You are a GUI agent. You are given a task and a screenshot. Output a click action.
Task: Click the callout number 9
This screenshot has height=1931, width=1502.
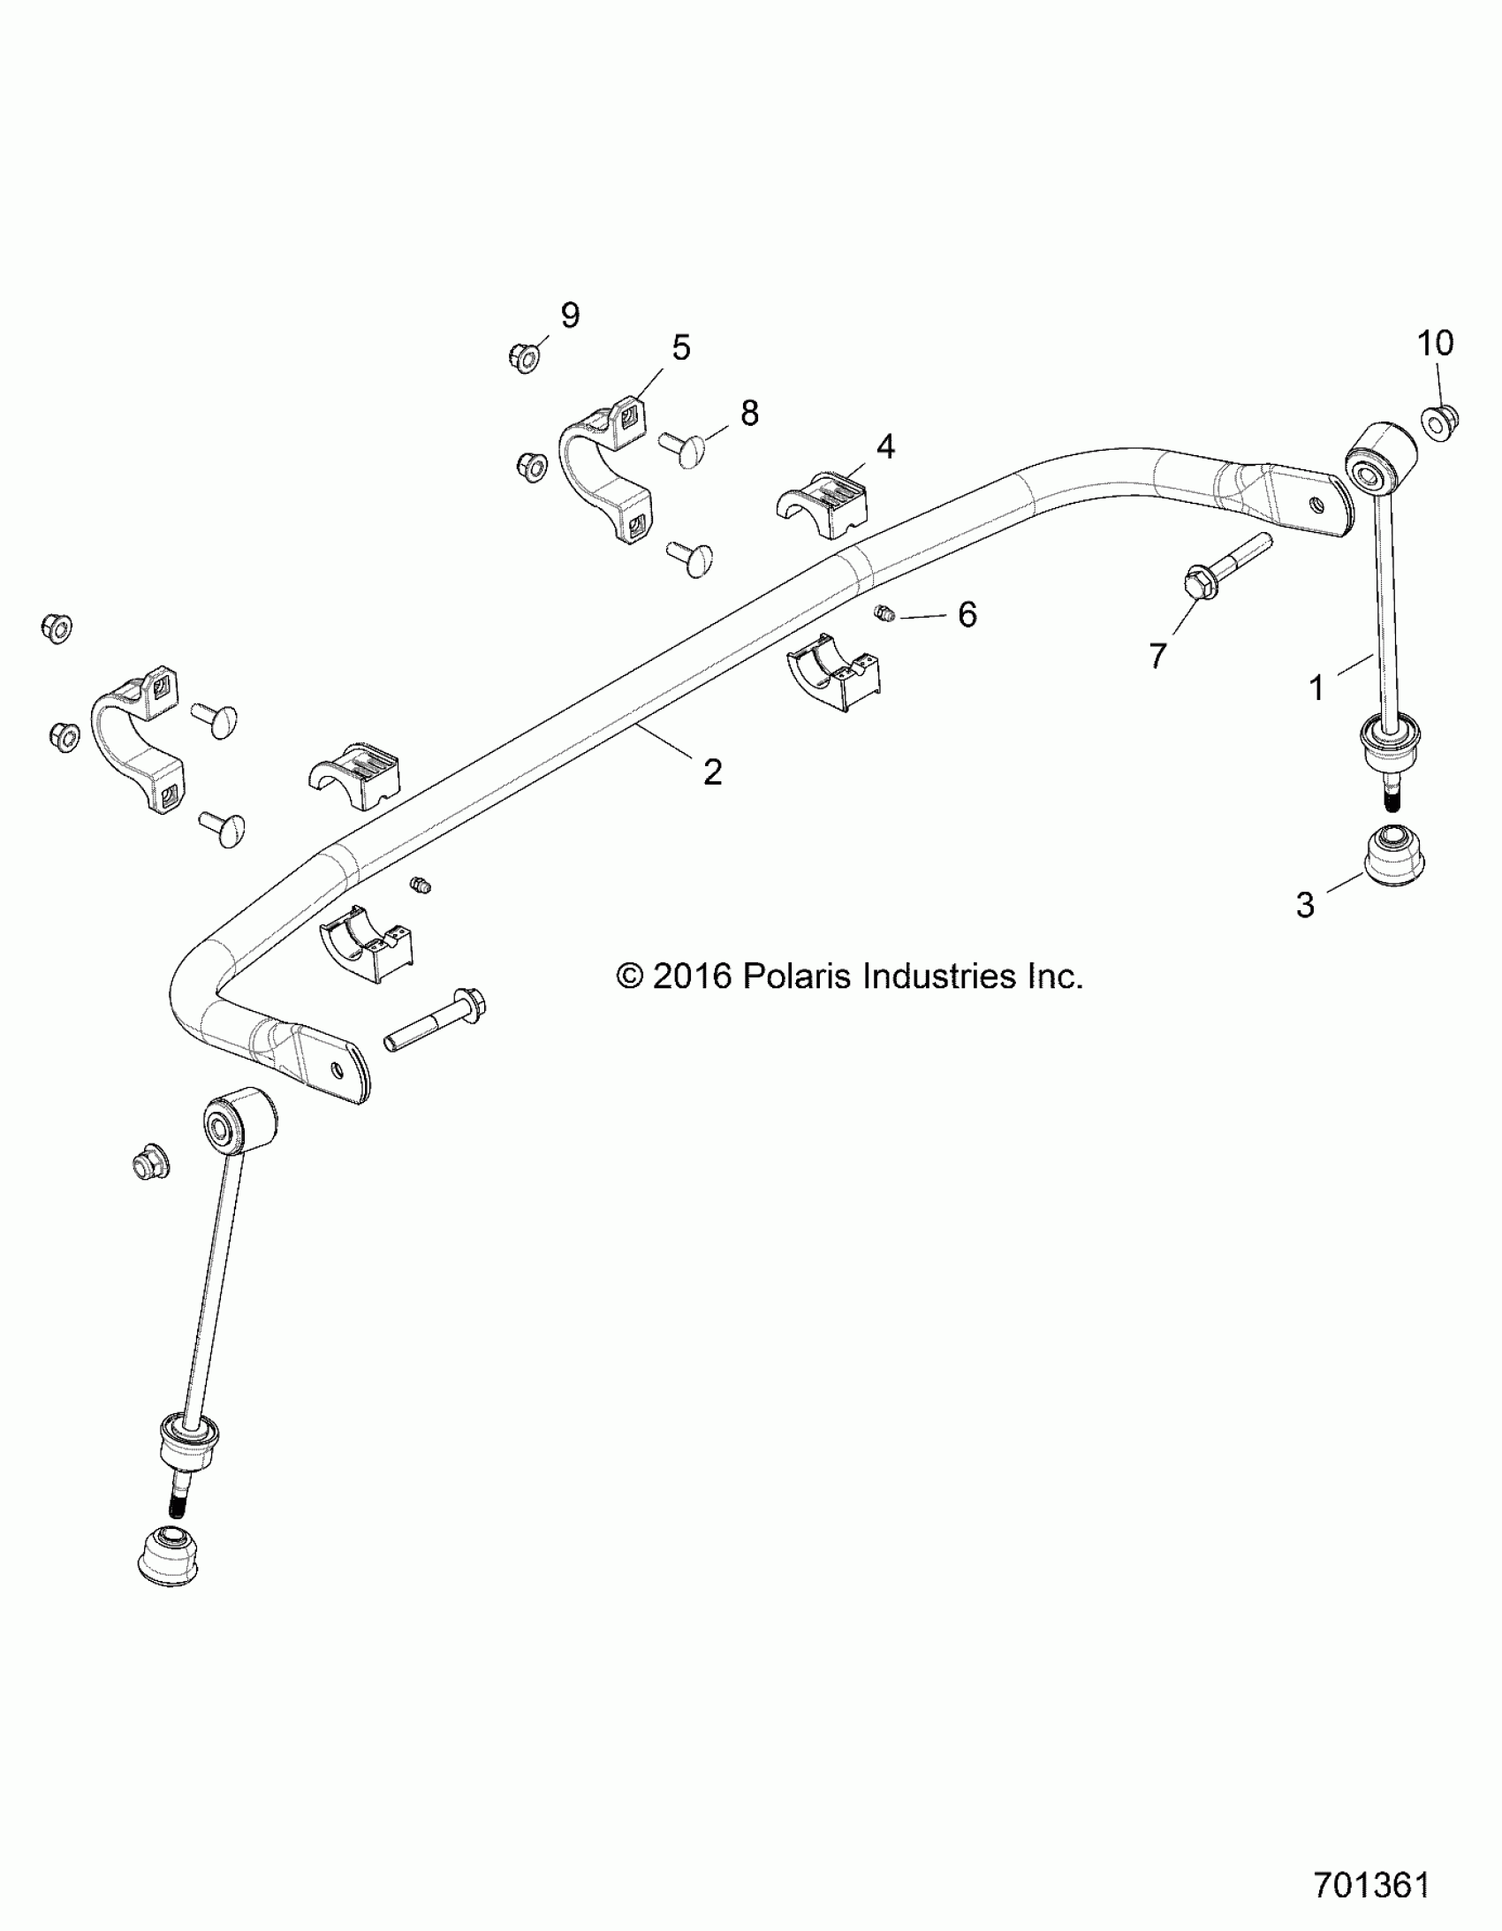click(x=570, y=315)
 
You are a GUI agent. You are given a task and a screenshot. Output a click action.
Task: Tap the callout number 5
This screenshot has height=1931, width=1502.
click(x=680, y=347)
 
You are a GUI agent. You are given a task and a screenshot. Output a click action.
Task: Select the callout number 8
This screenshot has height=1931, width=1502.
click(x=749, y=413)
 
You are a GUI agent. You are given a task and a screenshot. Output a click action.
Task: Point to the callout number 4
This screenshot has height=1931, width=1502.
click(x=885, y=446)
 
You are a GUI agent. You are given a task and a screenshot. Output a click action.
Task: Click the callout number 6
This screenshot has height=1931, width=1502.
click(x=967, y=614)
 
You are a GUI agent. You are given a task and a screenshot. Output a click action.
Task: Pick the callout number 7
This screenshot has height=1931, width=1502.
click(x=1157, y=655)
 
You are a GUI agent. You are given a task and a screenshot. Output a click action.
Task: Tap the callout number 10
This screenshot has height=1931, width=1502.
click(x=1436, y=343)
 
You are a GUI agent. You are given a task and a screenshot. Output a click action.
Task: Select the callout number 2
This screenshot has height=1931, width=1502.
click(x=712, y=772)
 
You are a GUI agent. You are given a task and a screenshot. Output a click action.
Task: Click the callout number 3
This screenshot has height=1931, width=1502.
click(x=1305, y=905)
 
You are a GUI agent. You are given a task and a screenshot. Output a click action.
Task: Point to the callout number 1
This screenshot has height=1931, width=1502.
click(x=1316, y=688)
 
